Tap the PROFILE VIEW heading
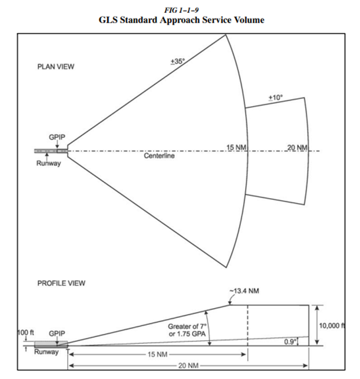62,283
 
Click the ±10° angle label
275,98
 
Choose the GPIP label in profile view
57,333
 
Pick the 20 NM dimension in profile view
187,366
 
